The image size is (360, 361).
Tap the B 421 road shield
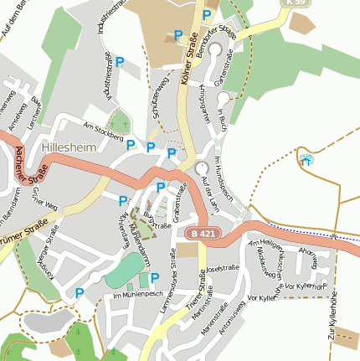click(x=201, y=233)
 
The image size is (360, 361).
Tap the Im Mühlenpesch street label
click(x=136, y=296)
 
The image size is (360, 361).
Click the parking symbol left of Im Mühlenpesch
click(x=80, y=292)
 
